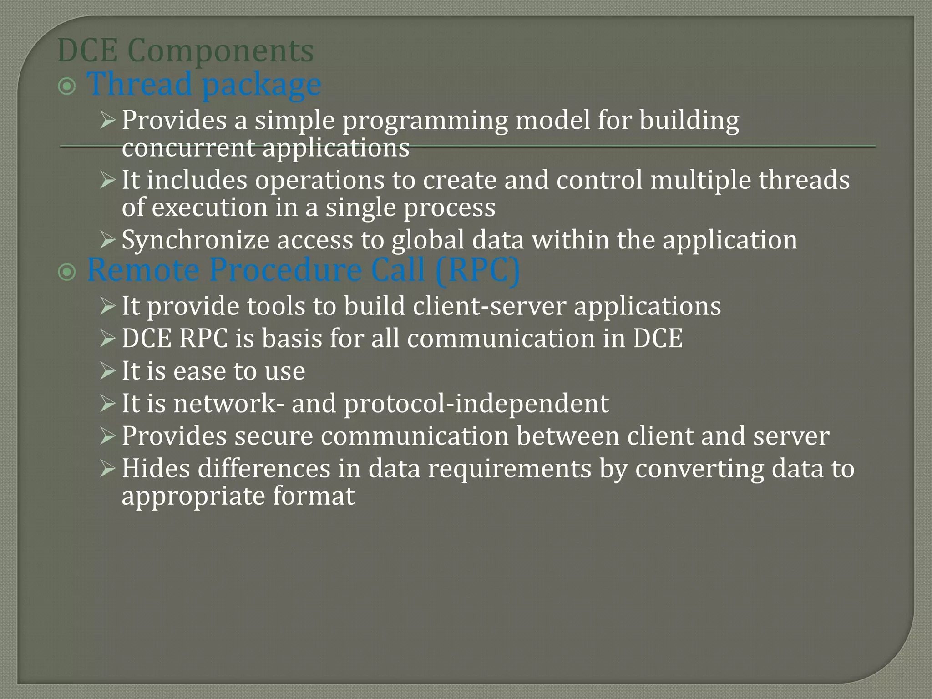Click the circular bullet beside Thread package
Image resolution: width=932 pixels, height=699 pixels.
pos(67,86)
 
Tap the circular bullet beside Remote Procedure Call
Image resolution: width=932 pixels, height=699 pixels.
pos(67,272)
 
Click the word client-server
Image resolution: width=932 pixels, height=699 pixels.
pos(489,306)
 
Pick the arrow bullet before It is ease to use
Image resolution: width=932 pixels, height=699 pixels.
pos(108,371)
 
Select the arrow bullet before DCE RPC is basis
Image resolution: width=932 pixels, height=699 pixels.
pos(108,339)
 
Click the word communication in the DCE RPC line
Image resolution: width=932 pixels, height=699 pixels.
pos(501,339)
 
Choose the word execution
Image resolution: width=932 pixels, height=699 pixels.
pos(209,208)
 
